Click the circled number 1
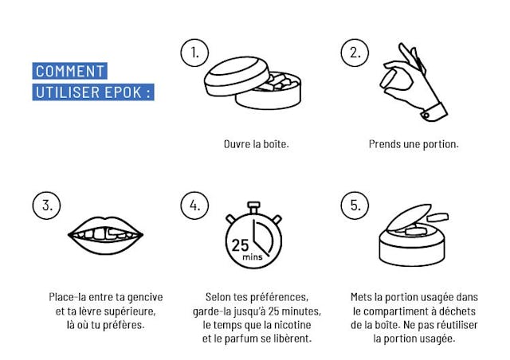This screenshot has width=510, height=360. coord(194,53)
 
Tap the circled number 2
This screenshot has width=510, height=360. coord(355,53)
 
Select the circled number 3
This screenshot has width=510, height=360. coord(46,205)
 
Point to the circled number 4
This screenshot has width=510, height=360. coord(194,205)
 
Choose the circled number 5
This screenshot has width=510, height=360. coord(355,205)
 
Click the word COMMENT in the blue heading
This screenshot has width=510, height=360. coord(69,71)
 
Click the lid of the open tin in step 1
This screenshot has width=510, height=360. coord(237,76)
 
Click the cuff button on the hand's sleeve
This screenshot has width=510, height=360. coord(426,115)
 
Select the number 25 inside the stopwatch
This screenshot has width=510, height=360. coord(240,245)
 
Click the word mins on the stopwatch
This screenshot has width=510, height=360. coord(253,257)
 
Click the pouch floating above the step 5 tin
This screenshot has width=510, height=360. coord(437,217)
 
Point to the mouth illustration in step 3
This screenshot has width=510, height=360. coord(105,236)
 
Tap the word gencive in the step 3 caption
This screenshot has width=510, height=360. coord(145,298)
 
